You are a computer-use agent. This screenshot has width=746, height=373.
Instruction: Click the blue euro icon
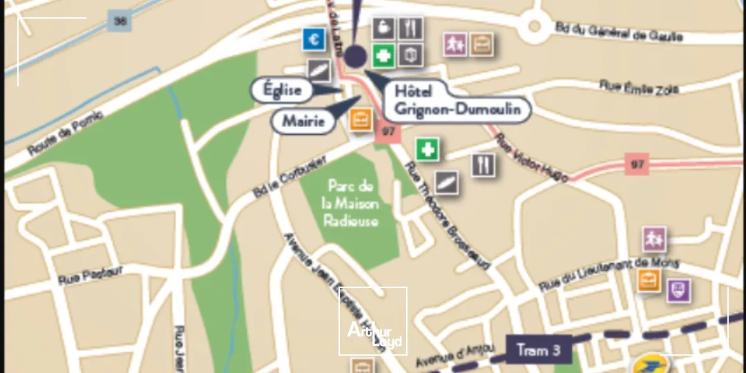[x=314, y=40]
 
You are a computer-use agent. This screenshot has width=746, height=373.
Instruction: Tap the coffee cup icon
[x=383, y=29]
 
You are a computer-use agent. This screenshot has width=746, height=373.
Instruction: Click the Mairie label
[x=303, y=122]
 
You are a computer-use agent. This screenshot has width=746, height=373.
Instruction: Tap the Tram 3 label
[x=539, y=350]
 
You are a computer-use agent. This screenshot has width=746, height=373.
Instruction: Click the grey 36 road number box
[x=120, y=21]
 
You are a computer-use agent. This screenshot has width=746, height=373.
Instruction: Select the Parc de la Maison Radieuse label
[x=351, y=204]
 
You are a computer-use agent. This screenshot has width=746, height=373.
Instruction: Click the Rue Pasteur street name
[x=90, y=275]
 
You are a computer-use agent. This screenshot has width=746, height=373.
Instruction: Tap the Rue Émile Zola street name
[x=639, y=88]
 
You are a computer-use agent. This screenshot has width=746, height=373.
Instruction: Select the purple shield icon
[x=679, y=290]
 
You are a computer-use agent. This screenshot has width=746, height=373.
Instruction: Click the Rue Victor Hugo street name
[x=532, y=158]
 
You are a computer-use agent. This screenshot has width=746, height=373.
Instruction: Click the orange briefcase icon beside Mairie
[x=360, y=120]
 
